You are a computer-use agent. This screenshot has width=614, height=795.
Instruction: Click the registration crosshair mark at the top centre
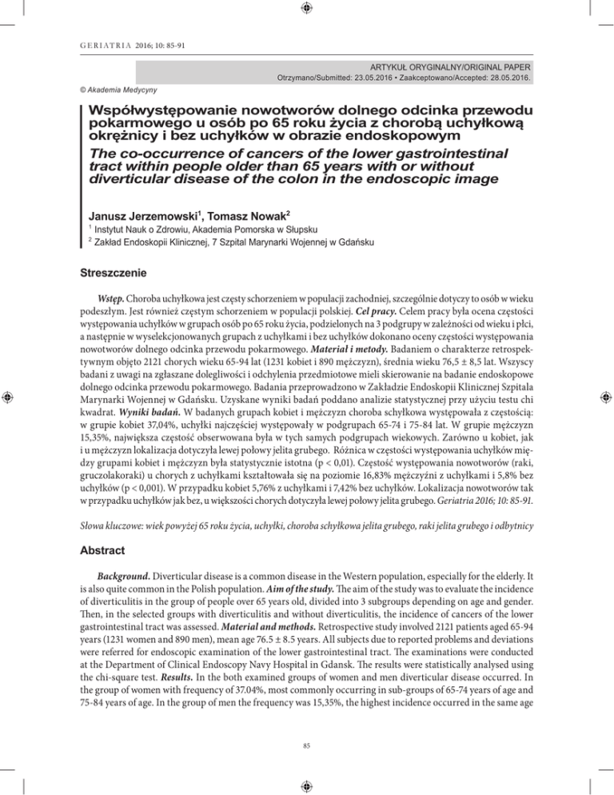coord(307,10)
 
